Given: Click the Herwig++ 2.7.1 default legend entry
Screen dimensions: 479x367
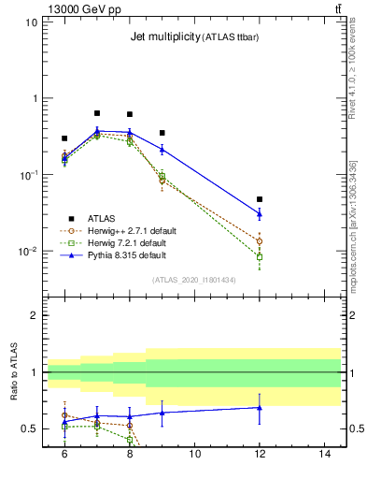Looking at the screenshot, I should pyautogui.click(x=131, y=230).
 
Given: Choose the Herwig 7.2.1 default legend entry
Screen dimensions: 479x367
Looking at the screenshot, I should pyautogui.click(x=129, y=242).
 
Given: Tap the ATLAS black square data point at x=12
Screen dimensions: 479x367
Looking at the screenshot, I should pyautogui.click(x=260, y=199).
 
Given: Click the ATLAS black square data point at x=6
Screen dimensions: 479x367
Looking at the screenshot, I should pyautogui.click(x=64, y=138).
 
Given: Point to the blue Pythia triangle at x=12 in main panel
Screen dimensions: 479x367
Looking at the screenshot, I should pyautogui.click(x=260, y=214).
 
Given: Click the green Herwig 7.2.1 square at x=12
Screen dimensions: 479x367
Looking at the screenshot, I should pyautogui.click(x=260, y=256).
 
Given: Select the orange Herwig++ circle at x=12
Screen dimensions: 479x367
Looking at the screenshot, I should pyautogui.click(x=260, y=241).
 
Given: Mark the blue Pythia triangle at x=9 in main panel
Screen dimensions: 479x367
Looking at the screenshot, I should pyautogui.click(x=162, y=149).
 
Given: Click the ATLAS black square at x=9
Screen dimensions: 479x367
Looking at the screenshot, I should pyautogui.click(x=162, y=133).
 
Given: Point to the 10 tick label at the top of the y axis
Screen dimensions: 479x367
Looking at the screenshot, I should pyautogui.click(x=32, y=22).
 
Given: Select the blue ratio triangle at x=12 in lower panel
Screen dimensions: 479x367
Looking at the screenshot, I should pyautogui.click(x=260, y=407).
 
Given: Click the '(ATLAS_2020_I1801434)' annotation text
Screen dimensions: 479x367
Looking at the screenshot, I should pyautogui.click(x=192, y=280).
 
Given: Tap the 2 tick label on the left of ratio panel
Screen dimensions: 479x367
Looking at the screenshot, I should pyautogui.click(x=35, y=315).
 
